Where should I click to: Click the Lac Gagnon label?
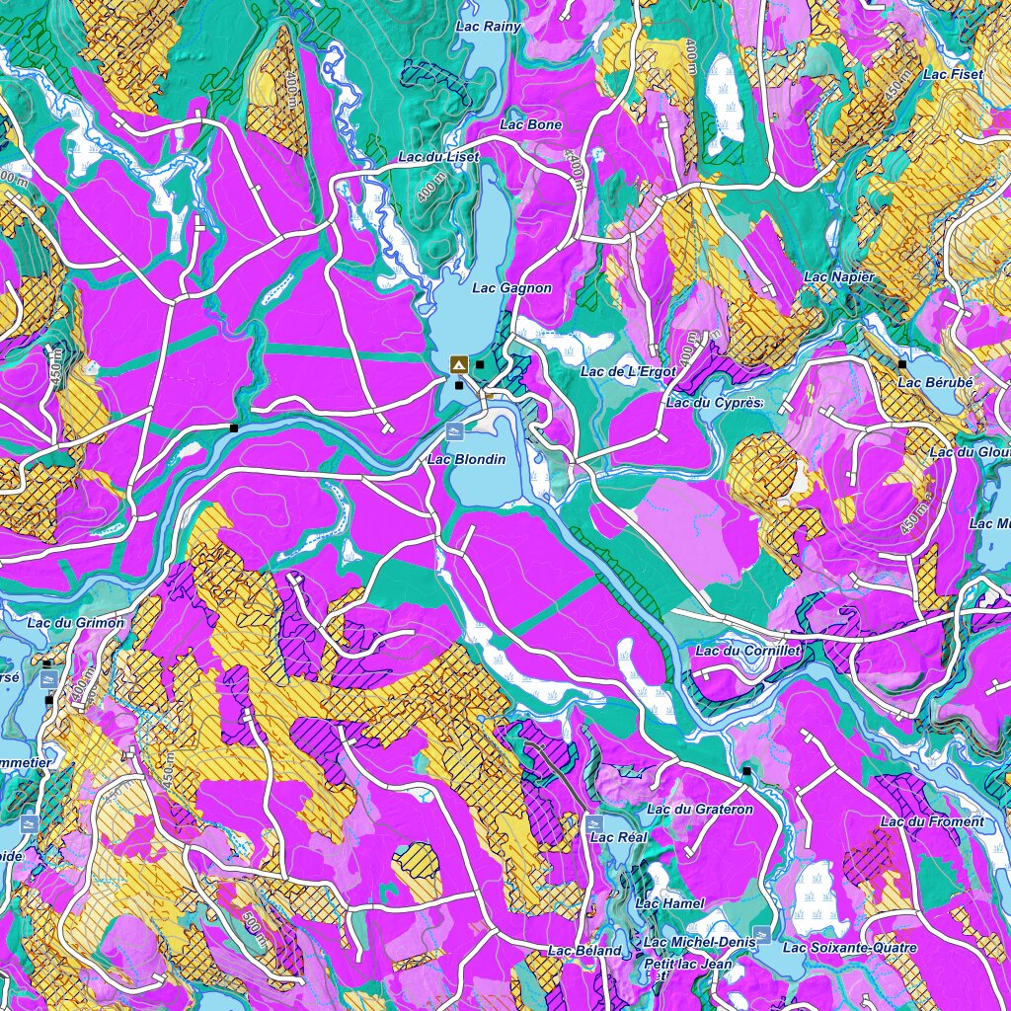(511, 288)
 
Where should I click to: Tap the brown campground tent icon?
(458, 364)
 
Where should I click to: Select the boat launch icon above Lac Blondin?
(455, 431)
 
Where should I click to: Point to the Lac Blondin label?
(466, 459)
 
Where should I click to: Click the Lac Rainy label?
(489, 27)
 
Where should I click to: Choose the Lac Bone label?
(531, 124)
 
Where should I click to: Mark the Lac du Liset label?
(438, 157)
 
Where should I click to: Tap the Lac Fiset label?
(953, 74)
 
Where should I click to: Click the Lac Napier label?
(838, 277)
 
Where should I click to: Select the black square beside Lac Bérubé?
(902, 364)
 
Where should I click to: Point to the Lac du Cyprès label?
(714, 403)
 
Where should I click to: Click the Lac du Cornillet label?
(747, 651)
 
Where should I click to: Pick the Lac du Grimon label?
(76, 623)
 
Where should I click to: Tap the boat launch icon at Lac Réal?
(593, 822)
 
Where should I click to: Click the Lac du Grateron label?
(700, 810)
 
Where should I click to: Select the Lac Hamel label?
(670, 903)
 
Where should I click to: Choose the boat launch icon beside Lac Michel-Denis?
(761, 932)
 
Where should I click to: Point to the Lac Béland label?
(584, 951)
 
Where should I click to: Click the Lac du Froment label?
(932, 821)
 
